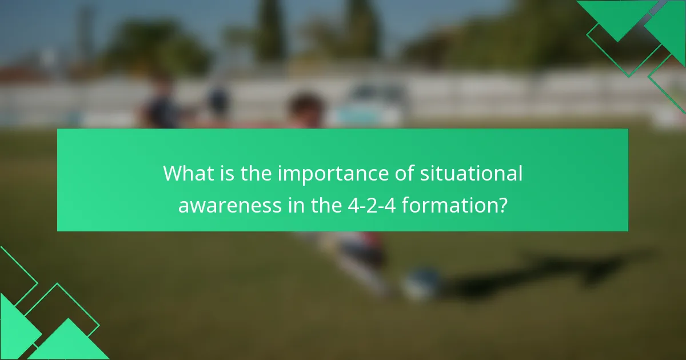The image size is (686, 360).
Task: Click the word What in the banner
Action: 189,174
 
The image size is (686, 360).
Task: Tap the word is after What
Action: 227,174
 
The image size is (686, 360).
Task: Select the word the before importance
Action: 257,174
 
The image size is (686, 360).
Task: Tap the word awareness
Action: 230,205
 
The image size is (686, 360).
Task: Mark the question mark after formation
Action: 502,205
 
